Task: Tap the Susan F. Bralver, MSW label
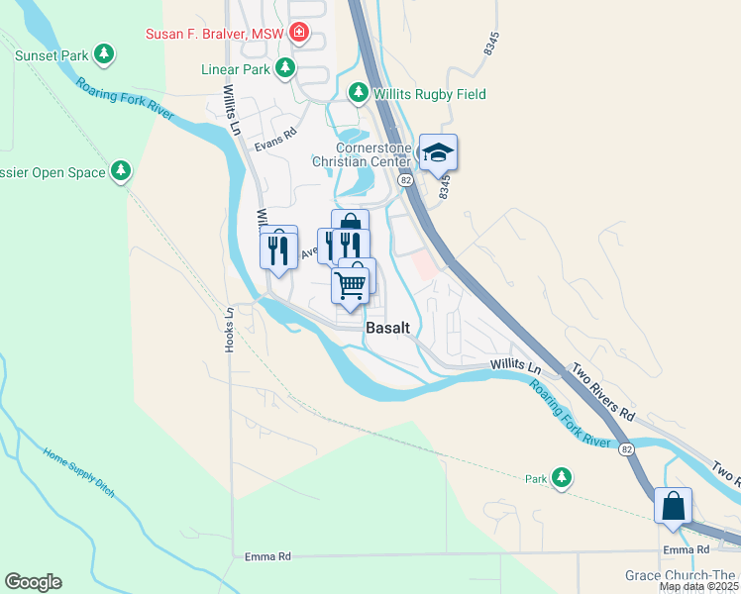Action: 215,34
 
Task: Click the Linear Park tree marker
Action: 285,68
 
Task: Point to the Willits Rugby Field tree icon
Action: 358,94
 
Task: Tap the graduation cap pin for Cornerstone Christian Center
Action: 438,153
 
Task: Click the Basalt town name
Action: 387,328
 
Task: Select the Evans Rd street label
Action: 275,140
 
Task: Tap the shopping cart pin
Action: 352,286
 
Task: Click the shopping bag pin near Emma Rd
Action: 673,506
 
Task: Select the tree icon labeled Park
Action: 562,479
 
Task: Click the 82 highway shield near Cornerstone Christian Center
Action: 406,181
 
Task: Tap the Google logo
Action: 33,582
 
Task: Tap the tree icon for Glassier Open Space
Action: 121,172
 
